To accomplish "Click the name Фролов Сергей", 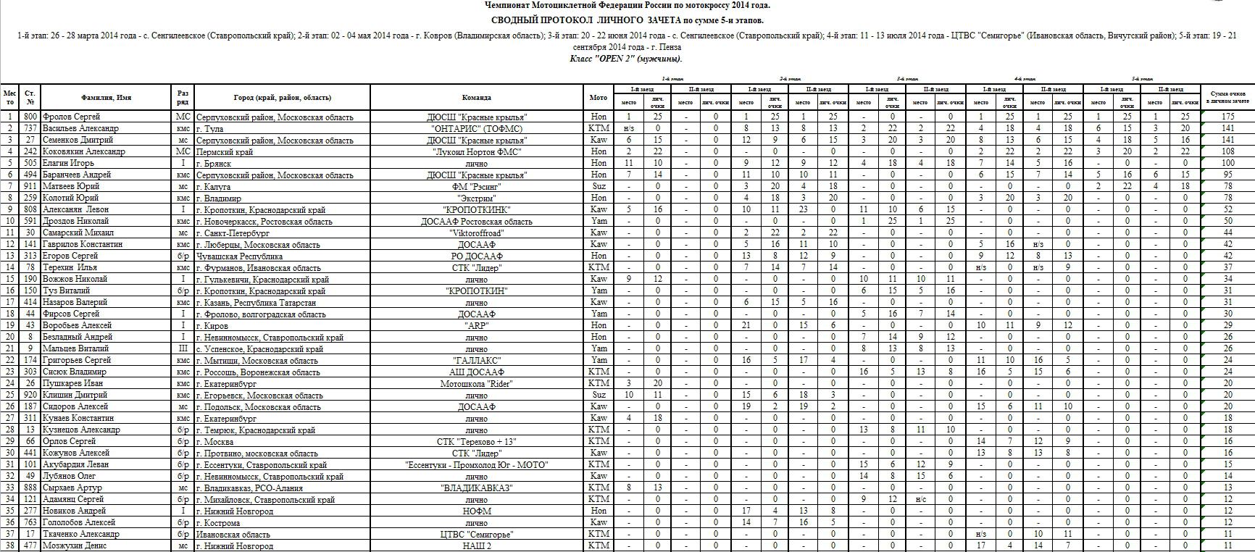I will (71, 117).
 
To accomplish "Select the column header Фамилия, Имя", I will (106, 97).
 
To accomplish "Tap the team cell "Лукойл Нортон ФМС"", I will (476, 151).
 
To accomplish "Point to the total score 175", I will (1227, 117).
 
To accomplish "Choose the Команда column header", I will (476, 97).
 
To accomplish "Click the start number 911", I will (30, 186).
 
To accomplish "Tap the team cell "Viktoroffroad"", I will (476, 233).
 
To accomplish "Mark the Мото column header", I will (599, 97).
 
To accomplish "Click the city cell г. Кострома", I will (218, 522).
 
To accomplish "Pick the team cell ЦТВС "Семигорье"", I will (476, 534).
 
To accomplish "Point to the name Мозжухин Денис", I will (76, 545).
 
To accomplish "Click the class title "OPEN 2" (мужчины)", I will (626, 59).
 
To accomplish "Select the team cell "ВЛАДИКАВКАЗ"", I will (476, 488).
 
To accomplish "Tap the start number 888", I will (30, 488).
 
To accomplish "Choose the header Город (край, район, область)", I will (282, 97).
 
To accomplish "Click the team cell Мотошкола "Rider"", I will (476, 383).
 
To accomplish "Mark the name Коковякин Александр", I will (84, 151).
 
